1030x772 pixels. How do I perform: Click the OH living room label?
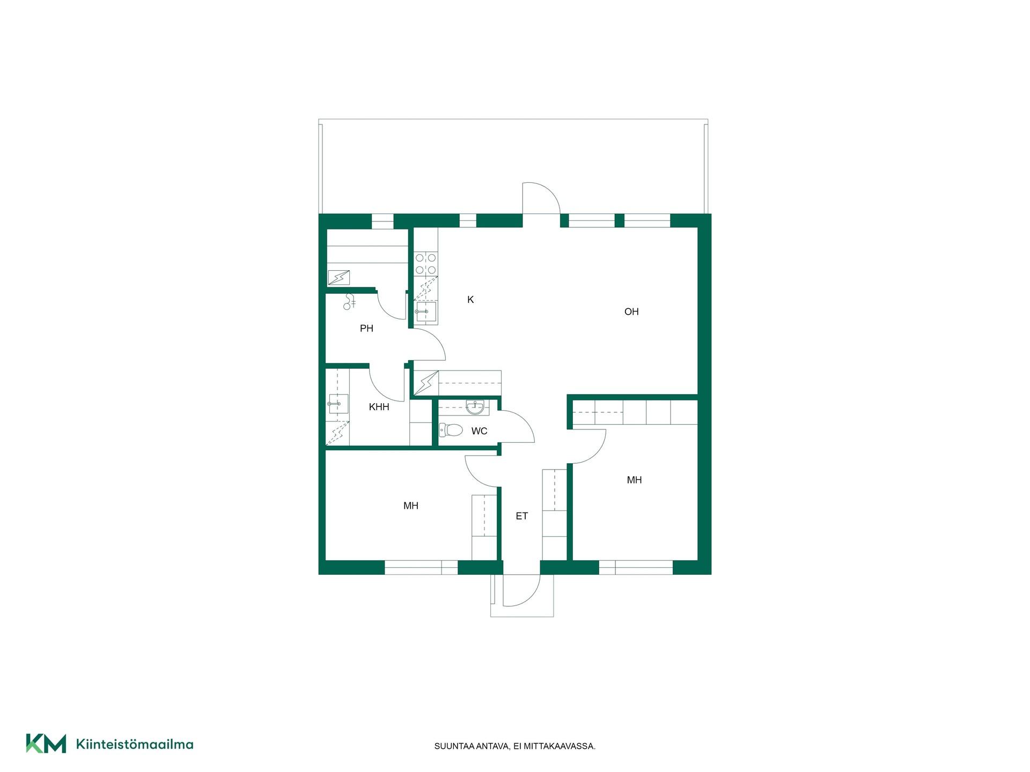click(631, 311)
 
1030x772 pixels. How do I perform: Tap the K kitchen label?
click(470, 300)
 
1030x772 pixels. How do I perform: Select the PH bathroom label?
click(366, 329)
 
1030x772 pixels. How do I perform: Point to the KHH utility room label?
click(379, 407)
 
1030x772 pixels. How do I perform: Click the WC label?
click(479, 431)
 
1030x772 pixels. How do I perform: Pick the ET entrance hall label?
click(521, 516)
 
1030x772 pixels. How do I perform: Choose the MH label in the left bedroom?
click(411, 506)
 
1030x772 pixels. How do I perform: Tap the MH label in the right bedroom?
click(634, 480)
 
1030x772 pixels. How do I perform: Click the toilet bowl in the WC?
click(451, 429)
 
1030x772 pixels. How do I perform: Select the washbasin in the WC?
click(475, 407)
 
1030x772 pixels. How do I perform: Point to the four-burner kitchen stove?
click(426, 264)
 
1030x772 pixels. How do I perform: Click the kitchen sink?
click(426, 311)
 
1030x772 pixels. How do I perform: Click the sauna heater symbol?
click(339, 277)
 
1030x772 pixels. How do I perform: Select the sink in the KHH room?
click(338, 404)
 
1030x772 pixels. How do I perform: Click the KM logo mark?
click(46, 744)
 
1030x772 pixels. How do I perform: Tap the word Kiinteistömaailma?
click(135, 744)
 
